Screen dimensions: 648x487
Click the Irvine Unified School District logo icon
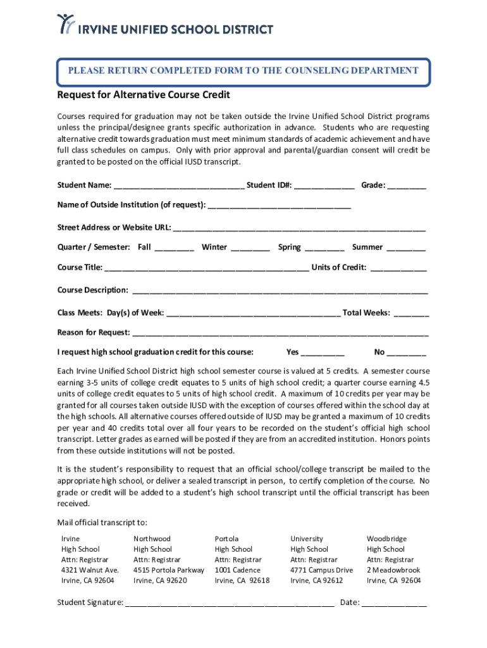(x=66, y=24)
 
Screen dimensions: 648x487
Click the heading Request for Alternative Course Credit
(x=144, y=95)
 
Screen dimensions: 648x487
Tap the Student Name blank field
(x=179, y=185)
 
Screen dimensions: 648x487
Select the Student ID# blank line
(x=324, y=185)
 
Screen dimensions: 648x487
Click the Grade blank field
(x=407, y=185)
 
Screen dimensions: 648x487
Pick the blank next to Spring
(x=324, y=247)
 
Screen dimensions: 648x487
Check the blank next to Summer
(x=406, y=247)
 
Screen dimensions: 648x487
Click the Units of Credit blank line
(x=398, y=268)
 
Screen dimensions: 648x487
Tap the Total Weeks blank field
(x=411, y=313)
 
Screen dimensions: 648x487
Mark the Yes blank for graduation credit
(x=323, y=352)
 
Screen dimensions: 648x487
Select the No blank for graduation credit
(x=407, y=352)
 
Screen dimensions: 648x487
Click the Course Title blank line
(x=207, y=268)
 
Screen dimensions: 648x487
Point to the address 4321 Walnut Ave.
(x=90, y=570)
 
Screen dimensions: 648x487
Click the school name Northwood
(x=152, y=539)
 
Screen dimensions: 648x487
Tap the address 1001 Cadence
(x=237, y=570)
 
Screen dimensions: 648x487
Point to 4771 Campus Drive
(x=321, y=570)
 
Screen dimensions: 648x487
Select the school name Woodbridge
(x=386, y=539)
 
